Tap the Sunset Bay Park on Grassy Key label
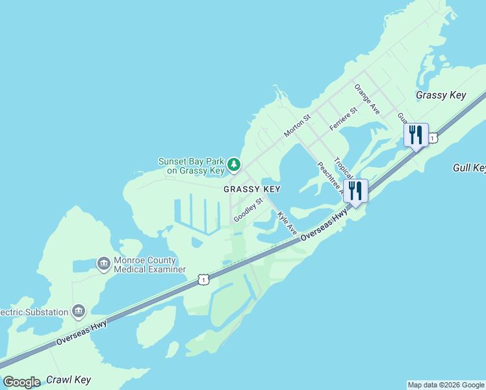click(191, 166)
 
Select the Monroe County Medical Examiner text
click(149, 265)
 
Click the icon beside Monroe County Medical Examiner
click(103, 264)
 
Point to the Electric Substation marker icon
click(79, 311)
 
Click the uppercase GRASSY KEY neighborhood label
click(252, 189)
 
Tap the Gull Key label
click(468, 168)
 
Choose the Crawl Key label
click(68, 380)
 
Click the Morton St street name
click(298, 126)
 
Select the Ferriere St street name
click(344, 120)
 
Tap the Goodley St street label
click(248, 210)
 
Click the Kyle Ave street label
click(287, 223)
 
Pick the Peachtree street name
click(329, 177)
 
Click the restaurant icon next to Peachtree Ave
click(355, 191)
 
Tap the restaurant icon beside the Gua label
click(416, 135)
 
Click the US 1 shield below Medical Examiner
click(203, 279)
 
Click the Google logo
click(21, 382)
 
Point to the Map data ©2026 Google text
click(446, 385)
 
